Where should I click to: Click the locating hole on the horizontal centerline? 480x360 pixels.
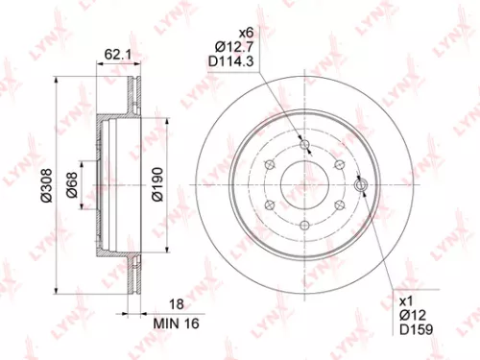tap(361, 184)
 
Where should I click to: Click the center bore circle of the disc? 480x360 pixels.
tap(304, 184)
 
